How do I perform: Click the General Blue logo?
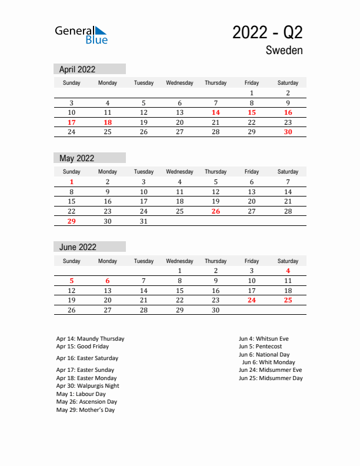(x=81, y=35)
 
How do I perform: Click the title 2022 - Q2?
(x=267, y=33)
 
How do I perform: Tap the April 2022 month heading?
(x=78, y=69)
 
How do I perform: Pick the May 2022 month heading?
(x=77, y=158)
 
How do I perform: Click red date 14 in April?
(x=215, y=112)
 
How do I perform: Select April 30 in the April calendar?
(x=288, y=132)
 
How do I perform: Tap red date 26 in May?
(x=215, y=211)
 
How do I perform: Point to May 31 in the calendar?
(x=144, y=221)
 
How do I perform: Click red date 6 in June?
(x=108, y=281)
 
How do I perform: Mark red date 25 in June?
(x=288, y=300)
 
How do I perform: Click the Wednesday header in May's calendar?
(x=179, y=172)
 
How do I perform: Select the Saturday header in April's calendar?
(x=288, y=83)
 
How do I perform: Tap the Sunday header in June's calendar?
(x=72, y=261)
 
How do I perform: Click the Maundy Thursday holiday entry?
(x=90, y=339)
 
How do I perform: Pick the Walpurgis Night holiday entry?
(x=88, y=386)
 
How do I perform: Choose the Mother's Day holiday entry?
(x=85, y=410)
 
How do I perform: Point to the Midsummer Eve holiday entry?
(x=270, y=370)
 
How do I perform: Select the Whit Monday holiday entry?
(x=272, y=362)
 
